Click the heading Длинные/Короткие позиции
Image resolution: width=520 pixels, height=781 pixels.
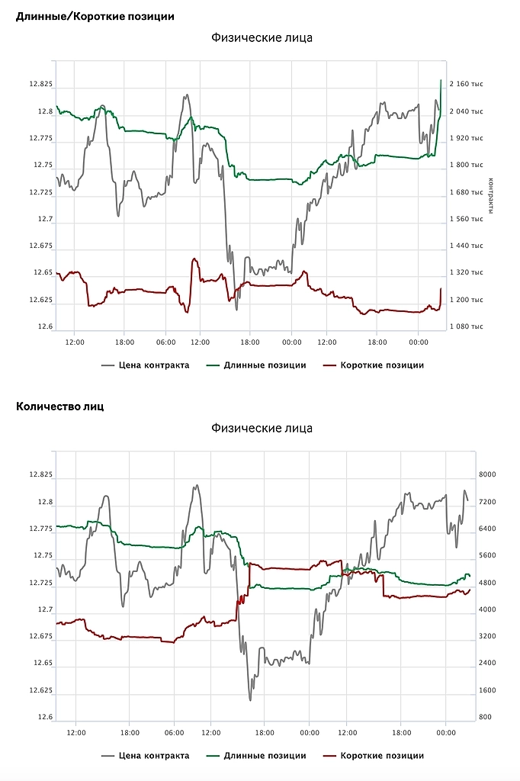tap(95, 15)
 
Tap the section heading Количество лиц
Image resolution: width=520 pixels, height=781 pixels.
tap(60, 406)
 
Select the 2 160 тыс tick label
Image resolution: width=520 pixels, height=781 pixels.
tap(466, 84)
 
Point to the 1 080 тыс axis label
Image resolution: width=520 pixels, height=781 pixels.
tap(466, 326)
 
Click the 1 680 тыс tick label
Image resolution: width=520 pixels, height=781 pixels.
tap(466, 192)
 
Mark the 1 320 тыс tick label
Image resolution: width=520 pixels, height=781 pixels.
tap(466, 272)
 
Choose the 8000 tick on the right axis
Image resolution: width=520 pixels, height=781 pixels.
tap(486, 474)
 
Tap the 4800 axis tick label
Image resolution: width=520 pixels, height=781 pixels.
tap(486, 583)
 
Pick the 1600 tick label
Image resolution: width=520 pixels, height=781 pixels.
tap(486, 690)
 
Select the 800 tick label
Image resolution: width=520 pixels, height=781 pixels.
tap(485, 718)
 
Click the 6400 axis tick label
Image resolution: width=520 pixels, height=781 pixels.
tap(486, 529)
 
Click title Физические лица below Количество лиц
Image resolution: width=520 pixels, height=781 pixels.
tap(262, 428)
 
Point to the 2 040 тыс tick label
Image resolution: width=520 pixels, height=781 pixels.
tap(466, 111)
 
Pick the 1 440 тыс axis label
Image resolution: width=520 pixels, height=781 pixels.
tap(466, 246)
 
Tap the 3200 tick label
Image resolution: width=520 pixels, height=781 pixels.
tap(486, 636)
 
